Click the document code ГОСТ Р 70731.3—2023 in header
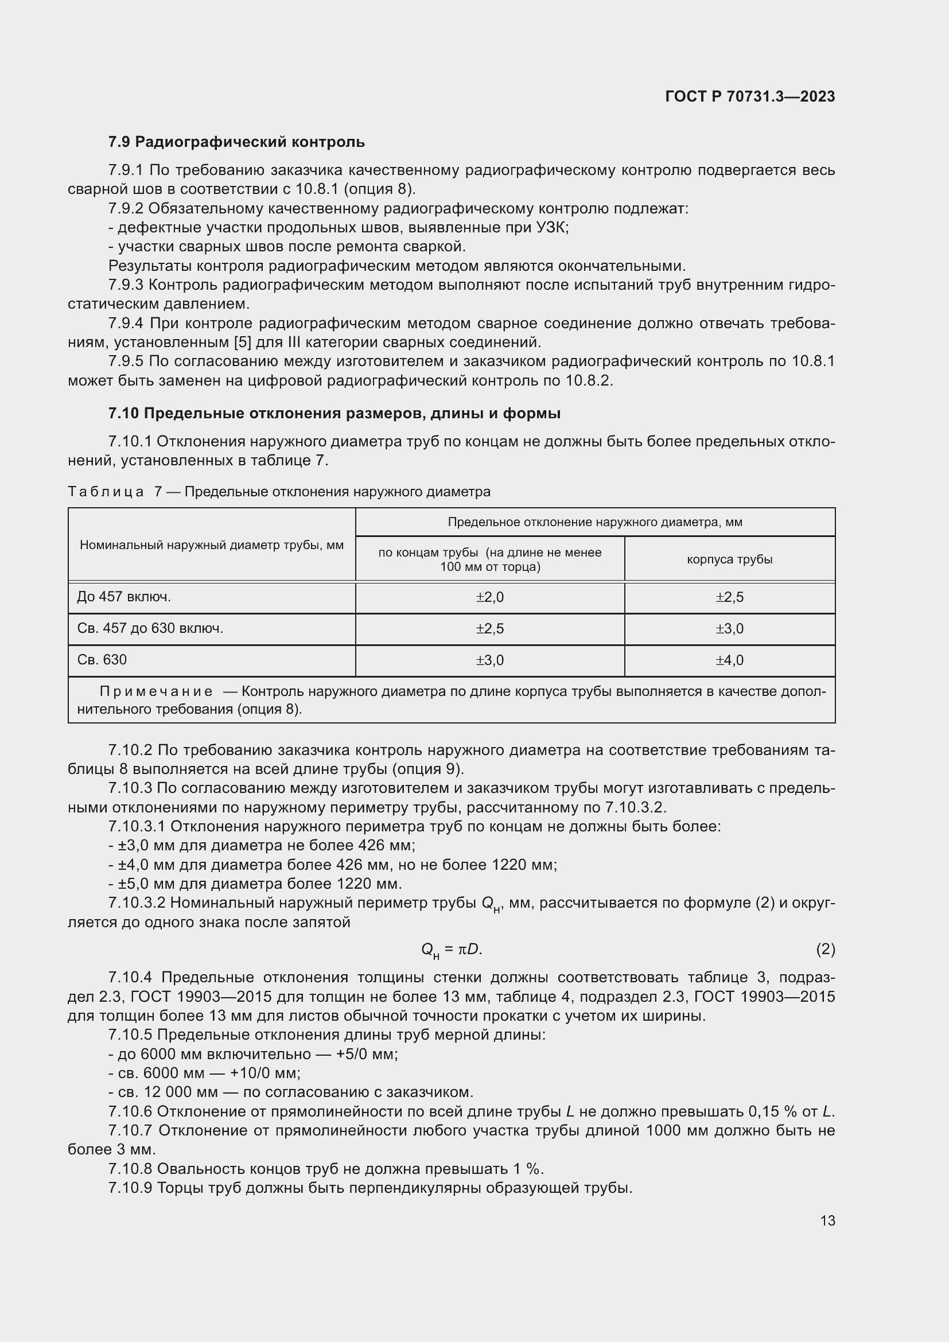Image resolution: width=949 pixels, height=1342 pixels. [x=750, y=96]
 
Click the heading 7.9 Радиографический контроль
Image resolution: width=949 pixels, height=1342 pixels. [x=236, y=142]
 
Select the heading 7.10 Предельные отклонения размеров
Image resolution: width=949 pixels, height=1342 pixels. [x=335, y=413]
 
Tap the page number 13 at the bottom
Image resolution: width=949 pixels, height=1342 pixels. [x=827, y=1220]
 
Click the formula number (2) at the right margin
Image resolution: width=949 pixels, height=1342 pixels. [x=825, y=949]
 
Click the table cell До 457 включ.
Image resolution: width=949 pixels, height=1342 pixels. [x=124, y=597]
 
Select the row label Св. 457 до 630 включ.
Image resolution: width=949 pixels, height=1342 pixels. [x=150, y=628]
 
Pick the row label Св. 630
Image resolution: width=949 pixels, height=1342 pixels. [x=102, y=660]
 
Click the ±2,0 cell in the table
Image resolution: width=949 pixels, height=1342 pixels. [x=489, y=597]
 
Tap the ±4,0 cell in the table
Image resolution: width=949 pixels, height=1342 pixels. [x=729, y=660]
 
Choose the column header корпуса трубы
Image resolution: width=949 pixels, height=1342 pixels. [x=729, y=559]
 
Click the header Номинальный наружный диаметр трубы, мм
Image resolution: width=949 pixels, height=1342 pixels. [x=212, y=544]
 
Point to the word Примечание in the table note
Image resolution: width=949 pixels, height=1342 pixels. [x=156, y=692]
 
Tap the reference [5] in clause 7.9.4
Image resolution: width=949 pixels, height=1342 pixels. [x=242, y=342]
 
